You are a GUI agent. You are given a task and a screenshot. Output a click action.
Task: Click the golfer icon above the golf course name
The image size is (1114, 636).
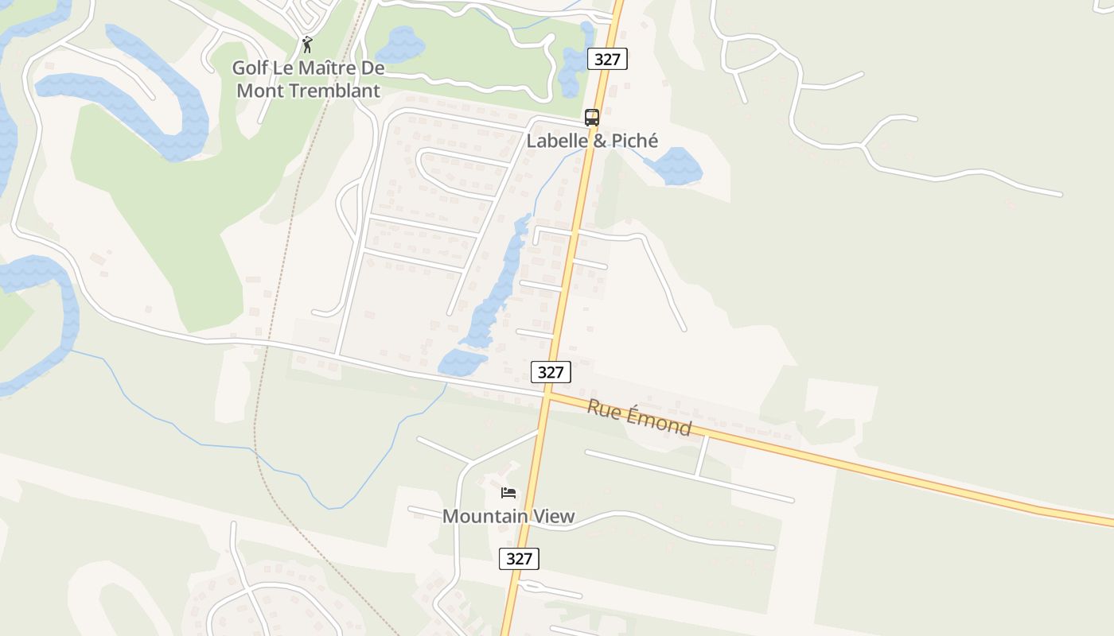(x=307, y=45)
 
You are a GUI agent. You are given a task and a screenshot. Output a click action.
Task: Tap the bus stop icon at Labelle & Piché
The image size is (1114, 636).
(x=591, y=118)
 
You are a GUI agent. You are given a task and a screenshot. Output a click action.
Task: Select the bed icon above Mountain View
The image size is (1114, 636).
(x=508, y=493)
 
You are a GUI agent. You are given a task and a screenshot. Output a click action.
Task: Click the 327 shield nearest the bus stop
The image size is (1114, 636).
(x=608, y=58)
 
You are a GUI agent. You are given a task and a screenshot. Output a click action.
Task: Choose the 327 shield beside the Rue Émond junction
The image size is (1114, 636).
(x=551, y=372)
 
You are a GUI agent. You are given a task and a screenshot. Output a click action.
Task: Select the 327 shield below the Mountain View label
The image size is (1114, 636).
(x=519, y=558)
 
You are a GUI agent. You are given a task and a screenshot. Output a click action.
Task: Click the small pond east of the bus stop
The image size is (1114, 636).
(x=675, y=165)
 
